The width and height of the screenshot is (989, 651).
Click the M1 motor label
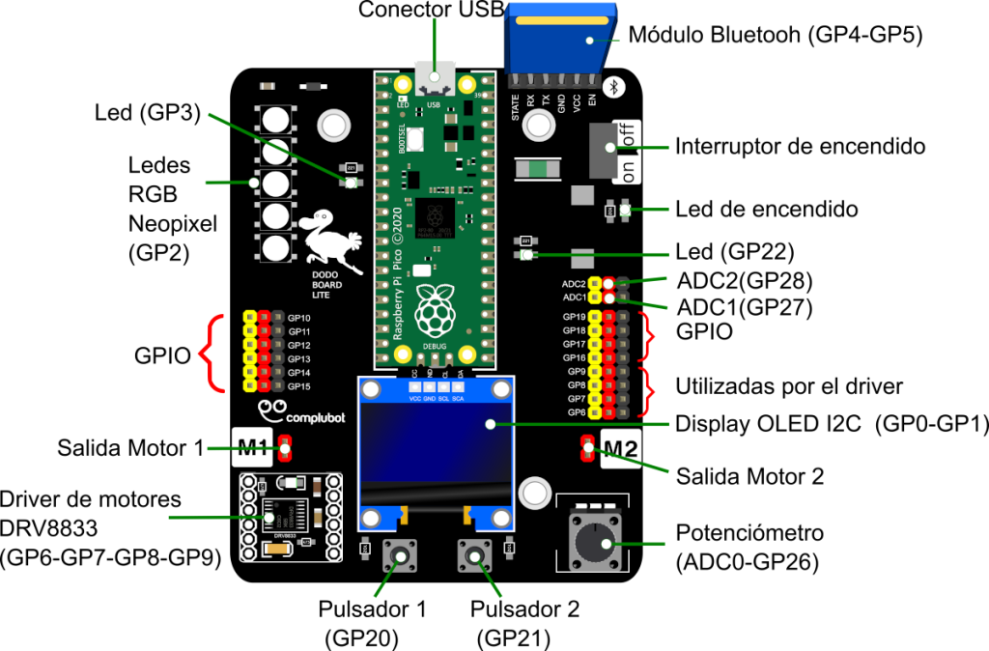tap(253, 447)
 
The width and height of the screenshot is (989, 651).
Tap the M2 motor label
tap(620, 449)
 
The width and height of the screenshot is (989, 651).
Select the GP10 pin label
tap(299, 318)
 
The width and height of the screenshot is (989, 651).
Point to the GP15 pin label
tap(299, 386)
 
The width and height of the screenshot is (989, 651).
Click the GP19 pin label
tap(575, 317)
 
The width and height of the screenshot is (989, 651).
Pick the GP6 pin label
tap(576, 412)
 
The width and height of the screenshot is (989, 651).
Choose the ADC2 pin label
tap(574, 284)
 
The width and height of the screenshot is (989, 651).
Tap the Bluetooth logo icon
tap(615, 87)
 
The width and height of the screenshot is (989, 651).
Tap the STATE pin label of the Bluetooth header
tap(516, 103)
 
